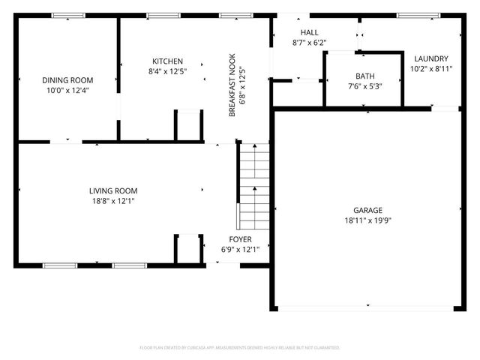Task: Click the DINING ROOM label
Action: click(x=67, y=80)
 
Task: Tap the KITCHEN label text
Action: click(x=167, y=61)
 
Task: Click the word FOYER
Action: click(x=240, y=239)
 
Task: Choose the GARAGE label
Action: click(x=368, y=211)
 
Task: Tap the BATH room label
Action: click(x=365, y=76)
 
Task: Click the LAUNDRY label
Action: click(x=430, y=58)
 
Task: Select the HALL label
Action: click(x=308, y=33)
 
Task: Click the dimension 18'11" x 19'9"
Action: click(x=368, y=221)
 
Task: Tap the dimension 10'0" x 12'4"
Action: click(x=67, y=91)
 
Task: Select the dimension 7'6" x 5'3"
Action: click(x=365, y=85)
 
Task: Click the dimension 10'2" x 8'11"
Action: click(x=430, y=69)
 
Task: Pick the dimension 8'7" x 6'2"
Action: click(x=308, y=43)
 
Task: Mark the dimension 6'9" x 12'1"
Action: click(x=240, y=250)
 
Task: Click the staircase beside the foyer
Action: click(x=254, y=187)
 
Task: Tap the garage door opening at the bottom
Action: click(x=367, y=307)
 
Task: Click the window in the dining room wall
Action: click(x=68, y=16)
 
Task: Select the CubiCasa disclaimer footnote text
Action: click(x=240, y=348)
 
